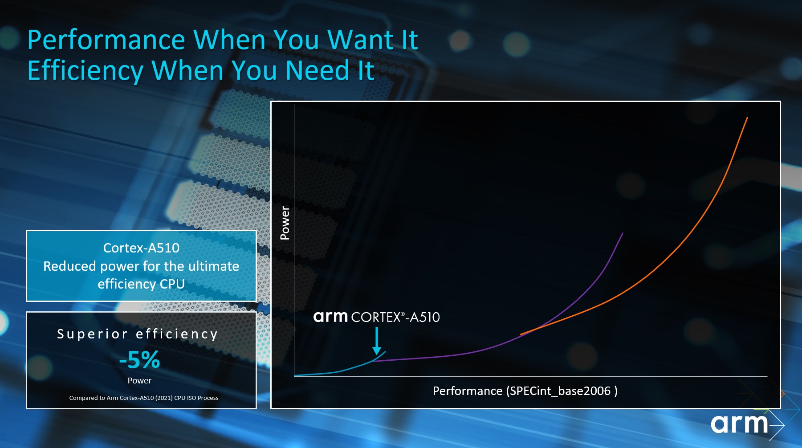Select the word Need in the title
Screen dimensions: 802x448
(318, 70)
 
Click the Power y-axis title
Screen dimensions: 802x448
(285, 223)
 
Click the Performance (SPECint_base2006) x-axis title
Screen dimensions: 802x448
(525, 391)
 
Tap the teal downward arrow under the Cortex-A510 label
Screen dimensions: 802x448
(377, 341)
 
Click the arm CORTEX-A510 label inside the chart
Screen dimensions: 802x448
(376, 317)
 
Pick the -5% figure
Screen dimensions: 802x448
(139, 360)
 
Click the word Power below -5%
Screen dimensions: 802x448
(139, 381)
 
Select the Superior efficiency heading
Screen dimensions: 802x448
(138, 334)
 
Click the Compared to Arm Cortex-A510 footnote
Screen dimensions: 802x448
(144, 398)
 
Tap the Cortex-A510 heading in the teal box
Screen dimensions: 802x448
(141, 248)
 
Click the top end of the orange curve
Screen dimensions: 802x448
(747, 118)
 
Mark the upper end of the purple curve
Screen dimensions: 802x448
(623, 233)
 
